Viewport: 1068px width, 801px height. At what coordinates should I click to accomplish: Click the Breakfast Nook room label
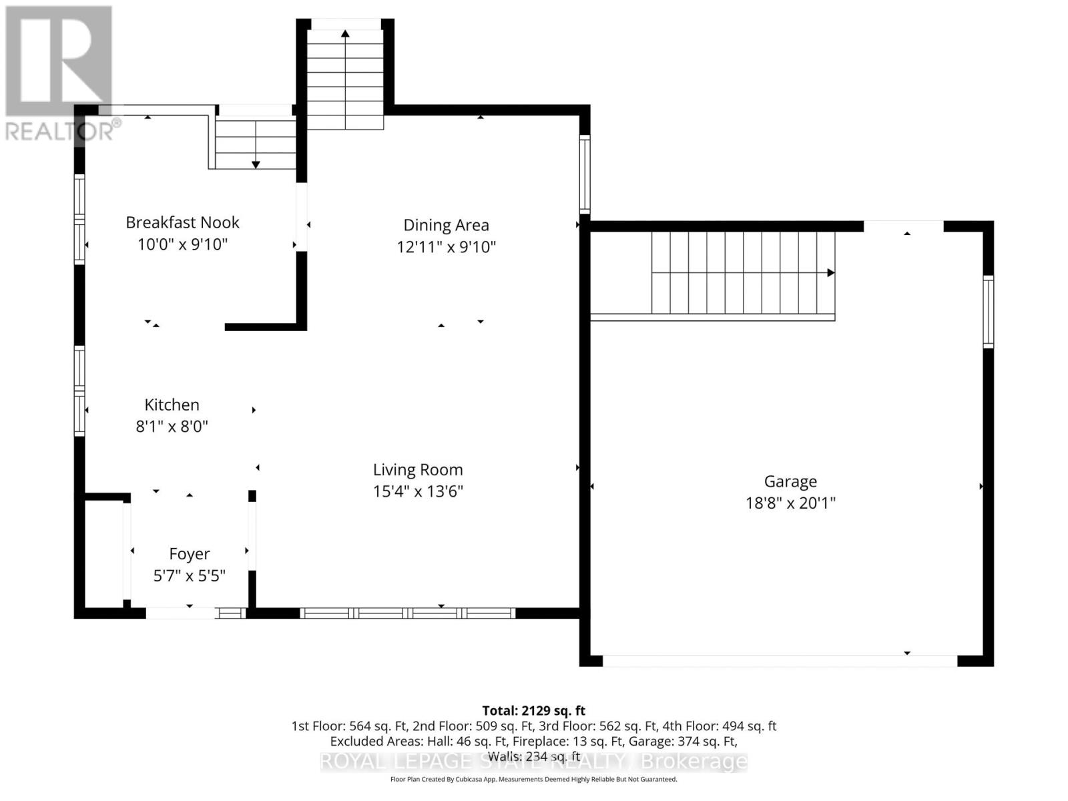pos(182,222)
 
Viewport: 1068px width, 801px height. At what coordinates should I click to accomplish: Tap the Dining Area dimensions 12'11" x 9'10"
pos(446,247)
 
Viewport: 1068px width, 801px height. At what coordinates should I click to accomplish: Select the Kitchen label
pos(172,405)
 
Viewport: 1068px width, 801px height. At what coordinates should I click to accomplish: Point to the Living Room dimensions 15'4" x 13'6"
pos(418,491)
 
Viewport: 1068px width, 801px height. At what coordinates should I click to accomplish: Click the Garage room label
pos(790,481)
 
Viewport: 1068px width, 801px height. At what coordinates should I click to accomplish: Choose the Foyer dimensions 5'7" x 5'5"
pos(190,575)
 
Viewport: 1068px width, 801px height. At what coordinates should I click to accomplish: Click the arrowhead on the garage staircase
pos(831,273)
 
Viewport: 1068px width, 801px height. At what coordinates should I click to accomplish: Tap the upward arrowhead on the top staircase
pos(345,33)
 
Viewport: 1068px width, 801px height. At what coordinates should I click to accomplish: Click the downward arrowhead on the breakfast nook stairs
pos(256,164)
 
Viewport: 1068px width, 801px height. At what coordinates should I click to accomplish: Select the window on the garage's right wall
pos(988,312)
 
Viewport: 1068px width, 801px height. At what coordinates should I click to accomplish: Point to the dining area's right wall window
pos(585,174)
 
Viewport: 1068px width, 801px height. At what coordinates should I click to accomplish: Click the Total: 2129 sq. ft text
pos(533,711)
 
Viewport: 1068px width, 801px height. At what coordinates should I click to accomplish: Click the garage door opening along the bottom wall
pos(780,661)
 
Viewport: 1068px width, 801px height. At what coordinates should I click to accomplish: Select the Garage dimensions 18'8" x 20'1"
pos(790,503)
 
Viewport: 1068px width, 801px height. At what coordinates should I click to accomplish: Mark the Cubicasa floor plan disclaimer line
pos(533,779)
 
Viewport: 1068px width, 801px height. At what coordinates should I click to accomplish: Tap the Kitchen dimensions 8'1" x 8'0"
pos(172,426)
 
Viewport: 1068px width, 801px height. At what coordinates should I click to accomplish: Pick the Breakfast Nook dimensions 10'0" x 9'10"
pos(182,244)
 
